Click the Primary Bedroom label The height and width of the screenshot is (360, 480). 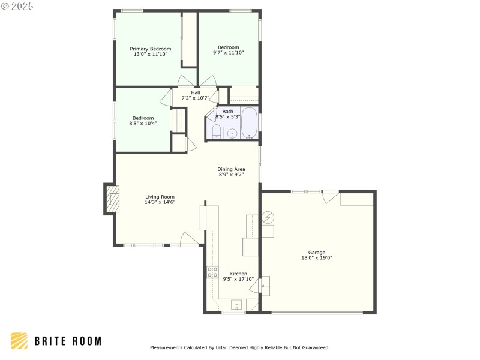(x=151, y=49)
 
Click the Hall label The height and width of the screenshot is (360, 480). (x=196, y=92)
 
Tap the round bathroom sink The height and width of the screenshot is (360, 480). (x=232, y=133)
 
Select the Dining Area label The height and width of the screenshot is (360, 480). (x=231, y=169)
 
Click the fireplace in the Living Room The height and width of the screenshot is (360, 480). (x=112, y=199)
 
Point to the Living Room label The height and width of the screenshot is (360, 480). (x=160, y=197)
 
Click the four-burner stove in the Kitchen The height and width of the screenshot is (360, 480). (x=212, y=272)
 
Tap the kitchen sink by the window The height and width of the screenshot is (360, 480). (x=236, y=304)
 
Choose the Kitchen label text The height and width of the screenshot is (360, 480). (x=238, y=274)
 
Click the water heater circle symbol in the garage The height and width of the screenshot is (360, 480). (x=268, y=217)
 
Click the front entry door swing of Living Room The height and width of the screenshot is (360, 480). (x=190, y=239)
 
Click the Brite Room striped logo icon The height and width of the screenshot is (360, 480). (x=19, y=341)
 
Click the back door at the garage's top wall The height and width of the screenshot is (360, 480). (x=330, y=197)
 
